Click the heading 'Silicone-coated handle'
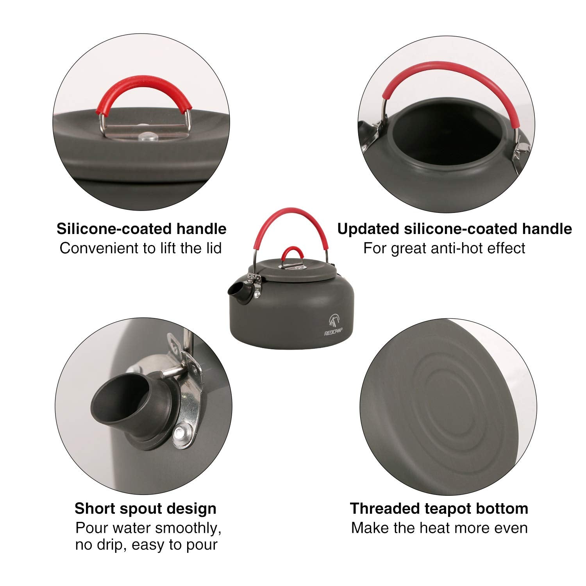(x=141, y=229)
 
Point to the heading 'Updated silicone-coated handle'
(x=454, y=229)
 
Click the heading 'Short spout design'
(x=145, y=509)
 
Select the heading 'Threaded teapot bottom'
(x=439, y=509)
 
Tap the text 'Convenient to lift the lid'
(x=141, y=248)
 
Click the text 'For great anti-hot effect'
(x=444, y=248)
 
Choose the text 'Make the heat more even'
(x=439, y=528)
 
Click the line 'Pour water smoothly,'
(x=148, y=528)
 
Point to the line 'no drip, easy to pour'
(x=146, y=545)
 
